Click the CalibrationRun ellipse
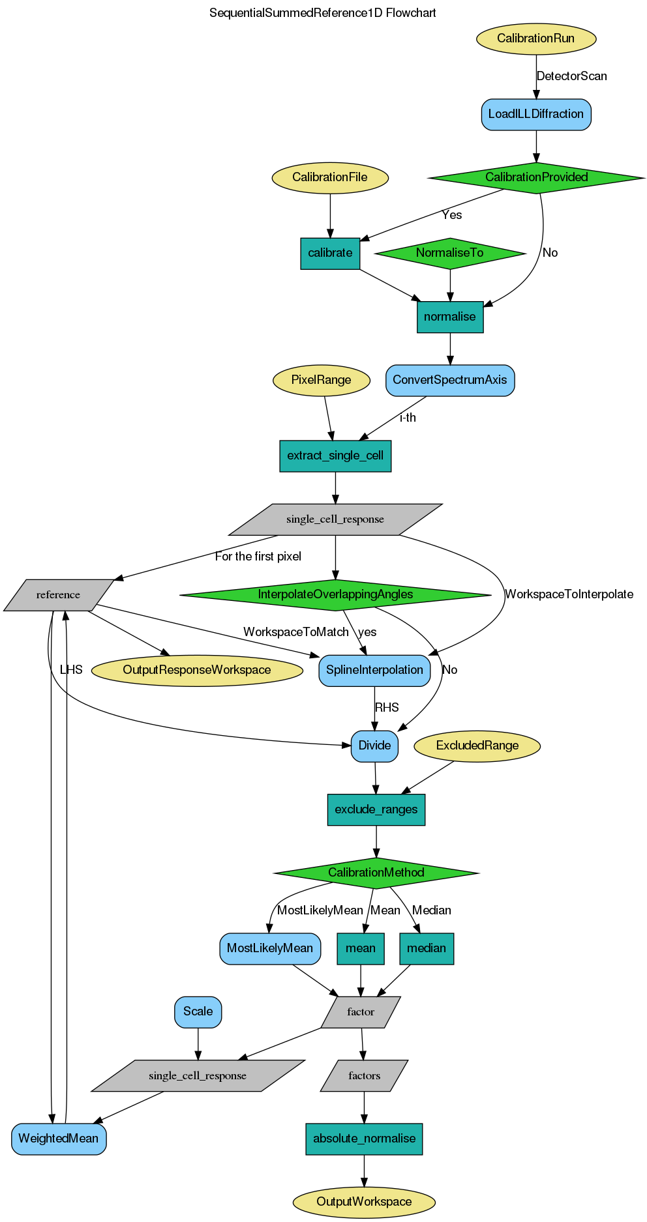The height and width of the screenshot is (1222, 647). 535,38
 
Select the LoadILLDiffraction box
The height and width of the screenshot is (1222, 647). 535,114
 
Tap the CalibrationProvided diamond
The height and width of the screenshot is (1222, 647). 536,177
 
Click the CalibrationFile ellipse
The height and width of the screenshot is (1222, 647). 329,177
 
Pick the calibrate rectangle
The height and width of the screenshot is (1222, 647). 330,253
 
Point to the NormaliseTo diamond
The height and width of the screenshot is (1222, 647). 449,253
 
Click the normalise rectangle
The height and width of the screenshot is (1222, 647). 449,317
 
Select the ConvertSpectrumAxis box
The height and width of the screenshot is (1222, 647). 449,380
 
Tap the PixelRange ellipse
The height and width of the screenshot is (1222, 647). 321,380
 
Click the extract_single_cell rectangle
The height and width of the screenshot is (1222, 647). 335,456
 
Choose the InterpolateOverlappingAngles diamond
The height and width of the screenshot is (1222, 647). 335,594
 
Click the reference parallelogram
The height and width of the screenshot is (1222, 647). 59,594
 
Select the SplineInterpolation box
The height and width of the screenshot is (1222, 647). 374,670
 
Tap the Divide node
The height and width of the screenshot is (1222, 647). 374,746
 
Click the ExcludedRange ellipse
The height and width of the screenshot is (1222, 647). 477,746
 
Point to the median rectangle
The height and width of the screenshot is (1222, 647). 427,948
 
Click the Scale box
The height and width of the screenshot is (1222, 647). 198,1011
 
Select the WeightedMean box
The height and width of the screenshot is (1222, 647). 59,1139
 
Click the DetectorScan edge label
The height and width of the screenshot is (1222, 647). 571,76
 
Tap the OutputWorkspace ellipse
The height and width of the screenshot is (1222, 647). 364,1202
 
